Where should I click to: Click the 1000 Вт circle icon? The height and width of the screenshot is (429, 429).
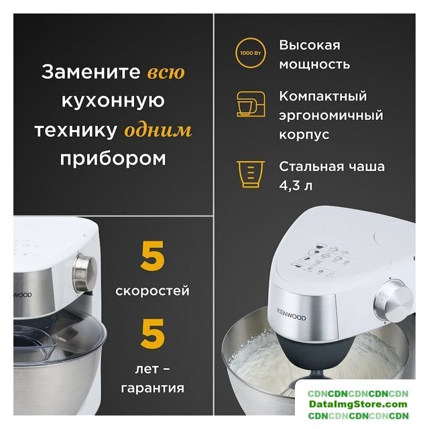click(x=250, y=53)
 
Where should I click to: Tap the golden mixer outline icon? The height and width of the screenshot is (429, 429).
click(x=251, y=104)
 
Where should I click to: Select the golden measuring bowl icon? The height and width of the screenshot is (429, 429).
click(x=250, y=174)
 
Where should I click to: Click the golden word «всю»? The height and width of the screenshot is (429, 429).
click(x=166, y=72)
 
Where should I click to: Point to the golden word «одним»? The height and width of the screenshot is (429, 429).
click(x=158, y=130)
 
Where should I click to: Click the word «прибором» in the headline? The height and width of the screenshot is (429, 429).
click(x=113, y=159)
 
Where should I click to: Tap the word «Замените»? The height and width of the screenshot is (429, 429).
click(x=91, y=72)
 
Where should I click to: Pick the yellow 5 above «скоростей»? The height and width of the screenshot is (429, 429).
click(x=152, y=256)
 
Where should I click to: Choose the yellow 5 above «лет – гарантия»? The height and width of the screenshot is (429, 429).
click(x=152, y=334)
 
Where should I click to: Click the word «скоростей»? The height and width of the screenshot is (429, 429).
click(x=152, y=290)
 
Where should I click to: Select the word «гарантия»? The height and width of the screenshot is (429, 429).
click(x=152, y=388)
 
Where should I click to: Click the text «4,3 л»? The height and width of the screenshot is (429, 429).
click(x=296, y=186)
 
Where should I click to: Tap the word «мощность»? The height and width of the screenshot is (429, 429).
click(x=314, y=64)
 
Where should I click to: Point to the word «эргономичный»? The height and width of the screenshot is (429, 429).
click(x=331, y=115)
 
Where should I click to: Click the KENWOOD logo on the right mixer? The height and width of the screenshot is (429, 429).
click(x=292, y=314)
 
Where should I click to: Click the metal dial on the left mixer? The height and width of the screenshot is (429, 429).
click(x=84, y=272)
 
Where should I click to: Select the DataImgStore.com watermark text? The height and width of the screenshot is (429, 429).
click(x=358, y=404)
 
